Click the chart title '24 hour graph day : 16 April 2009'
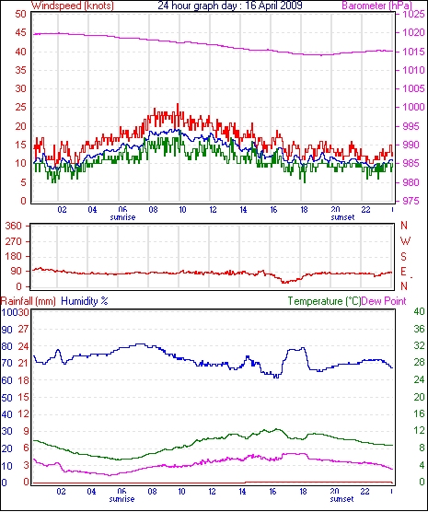pyautogui.click(x=230, y=6)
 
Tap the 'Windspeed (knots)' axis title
pyautogui.click(x=73, y=6)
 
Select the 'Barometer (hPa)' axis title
pyautogui.click(x=376, y=6)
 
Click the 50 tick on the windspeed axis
pyautogui.click(x=20, y=15)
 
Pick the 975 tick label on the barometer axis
pyautogui.click(x=410, y=201)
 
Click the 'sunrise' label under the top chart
pyautogui.click(x=122, y=217)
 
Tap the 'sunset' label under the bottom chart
pyautogui.click(x=341, y=499)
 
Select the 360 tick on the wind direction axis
pyautogui.click(x=15, y=226)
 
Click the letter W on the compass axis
pyautogui.click(x=405, y=241)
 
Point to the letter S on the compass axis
pyautogui.click(x=404, y=257)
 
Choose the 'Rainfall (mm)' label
pyautogui.click(x=29, y=301)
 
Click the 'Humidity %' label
pyautogui.click(x=85, y=301)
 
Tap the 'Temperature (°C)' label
pyautogui.click(x=324, y=301)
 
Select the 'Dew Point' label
pyautogui.click(x=384, y=301)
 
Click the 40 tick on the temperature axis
pyautogui.click(x=419, y=312)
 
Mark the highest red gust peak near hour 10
pyautogui.click(x=178, y=104)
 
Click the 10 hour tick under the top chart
pyautogui.click(x=182, y=209)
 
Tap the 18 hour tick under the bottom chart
pyautogui.click(x=304, y=491)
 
